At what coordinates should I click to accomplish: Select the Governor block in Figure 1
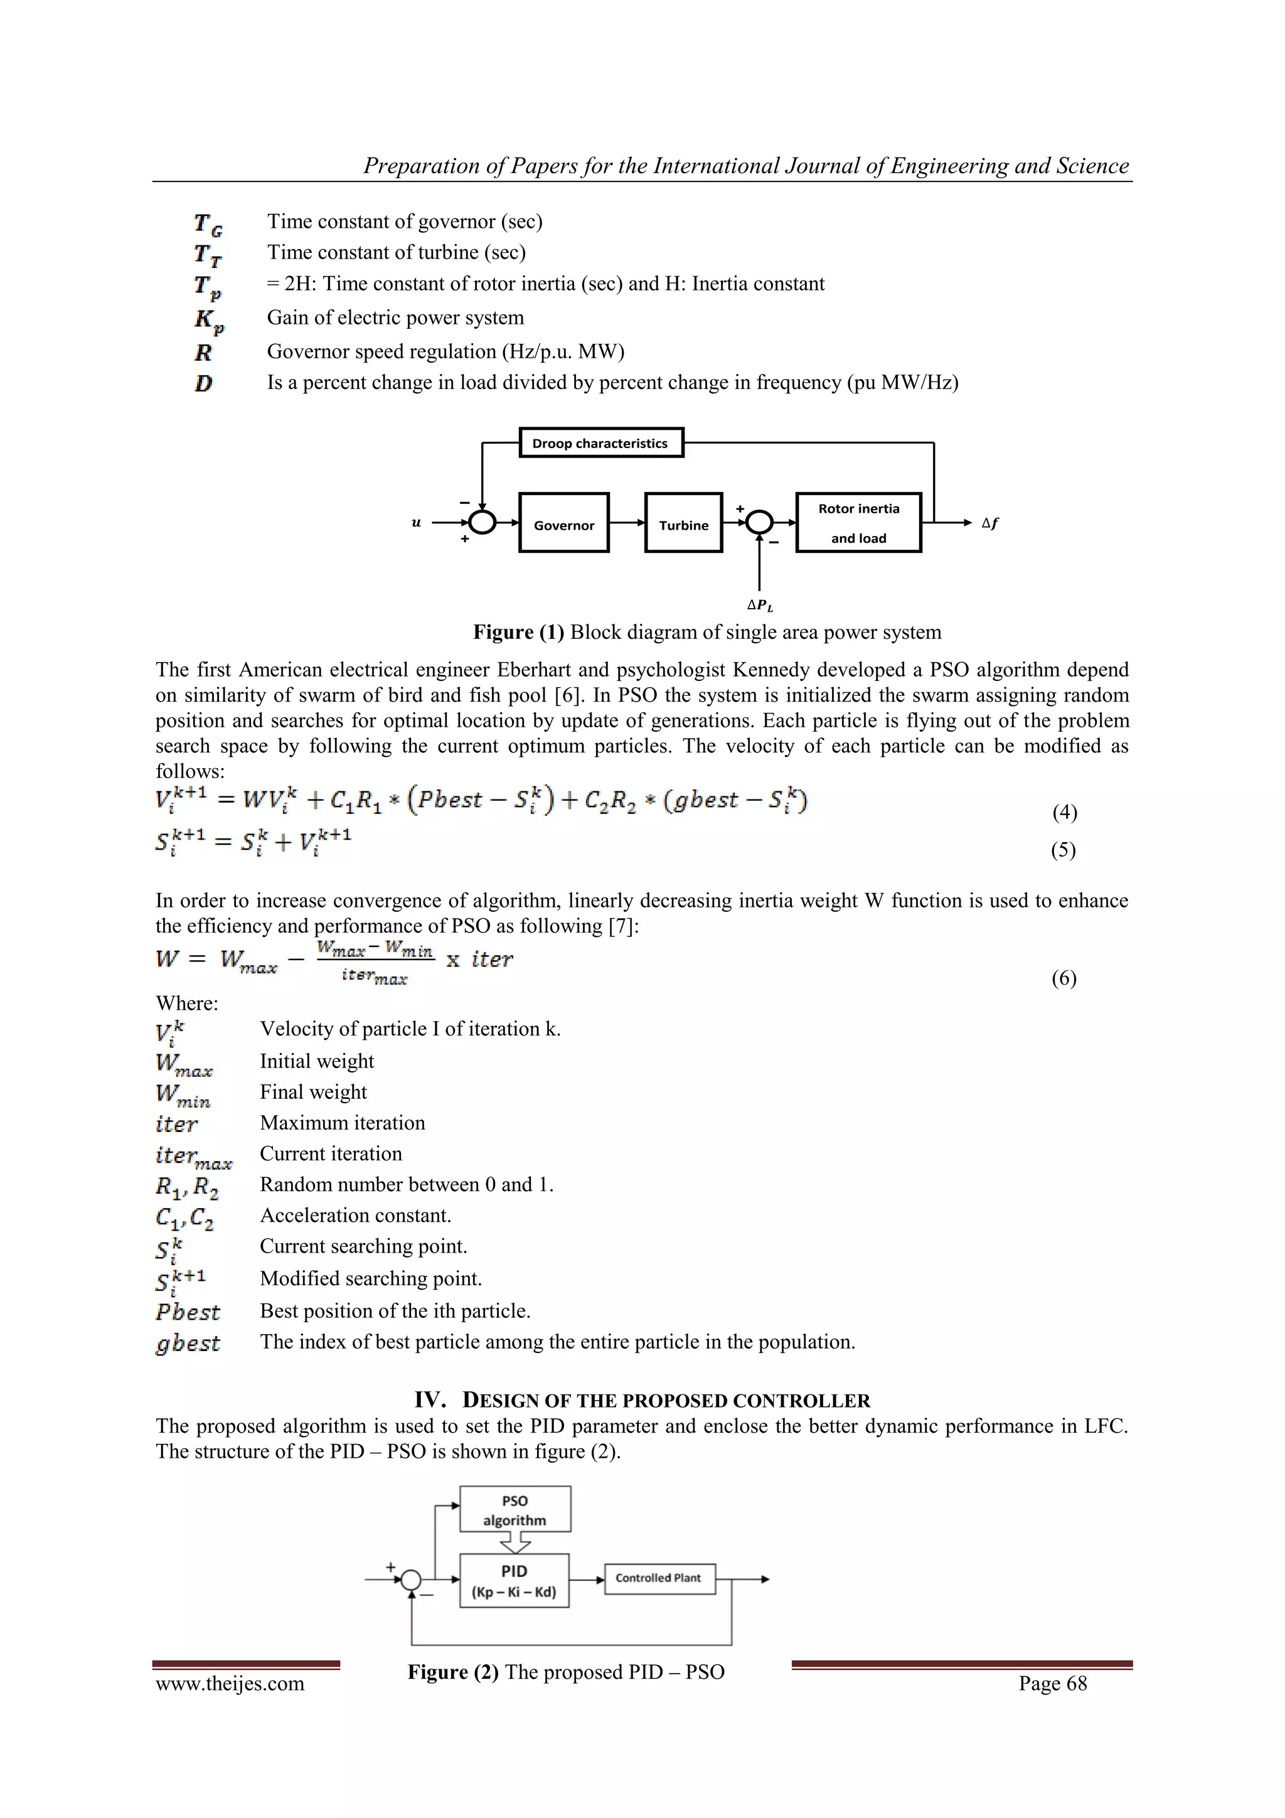coord(563,523)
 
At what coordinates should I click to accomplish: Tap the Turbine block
coord(683,523)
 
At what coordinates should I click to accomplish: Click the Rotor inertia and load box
coord(858,523)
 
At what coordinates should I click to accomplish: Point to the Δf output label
coord(989,523)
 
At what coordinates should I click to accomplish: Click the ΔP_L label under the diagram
coord(759,606)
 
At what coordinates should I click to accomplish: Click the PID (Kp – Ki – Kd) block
coord(514,1580)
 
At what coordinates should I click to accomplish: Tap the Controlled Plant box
coord(659,1578)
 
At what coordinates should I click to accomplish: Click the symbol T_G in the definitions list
coord(208,224)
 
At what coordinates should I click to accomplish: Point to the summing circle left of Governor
coord(482,523)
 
